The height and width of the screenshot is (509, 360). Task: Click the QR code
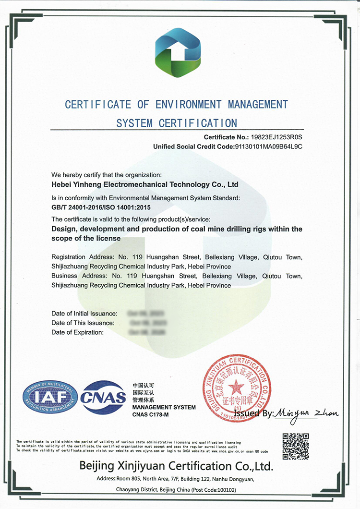(295, 446)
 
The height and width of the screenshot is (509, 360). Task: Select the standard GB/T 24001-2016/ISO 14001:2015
(104, 207)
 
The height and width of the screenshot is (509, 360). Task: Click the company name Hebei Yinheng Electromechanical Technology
(144, 184)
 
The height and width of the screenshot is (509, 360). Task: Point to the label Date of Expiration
(77, 332)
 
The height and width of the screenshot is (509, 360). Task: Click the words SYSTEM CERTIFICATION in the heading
(177, 123)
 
